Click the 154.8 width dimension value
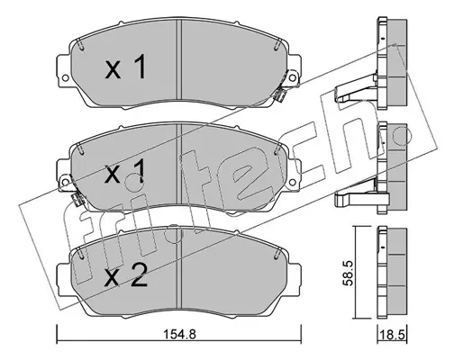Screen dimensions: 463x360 (179, 334)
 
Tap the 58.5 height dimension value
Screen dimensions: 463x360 (350, 273)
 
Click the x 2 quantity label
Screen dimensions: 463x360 (126, 275)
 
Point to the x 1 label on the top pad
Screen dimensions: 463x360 (126, 67)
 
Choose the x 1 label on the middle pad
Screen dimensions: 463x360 (125, 171)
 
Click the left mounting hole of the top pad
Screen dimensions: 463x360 (65, 78)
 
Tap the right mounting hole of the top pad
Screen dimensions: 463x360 (292, 78)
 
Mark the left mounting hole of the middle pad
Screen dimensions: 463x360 (65, 181)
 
